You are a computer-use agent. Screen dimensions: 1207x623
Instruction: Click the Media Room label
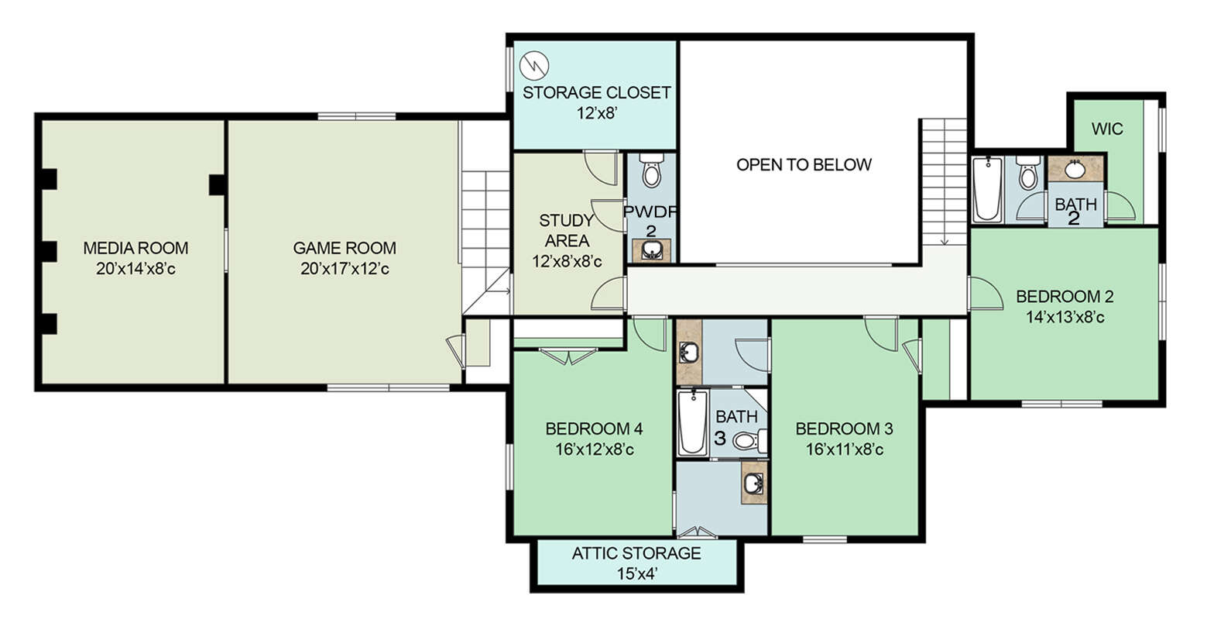pyautogui.click(x=135, y=248)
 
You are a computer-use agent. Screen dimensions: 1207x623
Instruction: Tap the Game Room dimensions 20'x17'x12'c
pyautogui.click(x=345, y=269)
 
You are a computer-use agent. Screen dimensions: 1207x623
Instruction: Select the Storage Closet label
pyautogui.click(x=596, y=93)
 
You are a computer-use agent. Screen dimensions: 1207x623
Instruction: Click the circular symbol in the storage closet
pyautogui.click(x=534, y=66)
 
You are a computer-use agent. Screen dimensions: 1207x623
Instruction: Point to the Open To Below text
pyautogui.click(x=804, y=164)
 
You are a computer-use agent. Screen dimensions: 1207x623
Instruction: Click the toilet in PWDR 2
pyautogui.click(x=651, y=170)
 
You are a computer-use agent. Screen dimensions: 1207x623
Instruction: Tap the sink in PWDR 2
pyautogui.click(x=652, y=250)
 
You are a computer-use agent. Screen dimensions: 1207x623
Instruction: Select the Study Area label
pyautogui.click(x=566, y=230)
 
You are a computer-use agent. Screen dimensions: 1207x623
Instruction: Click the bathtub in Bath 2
pyautogui.click(x=988, y=189)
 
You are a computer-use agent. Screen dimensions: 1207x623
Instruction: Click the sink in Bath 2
pyautogui.click(x=1075, y=169)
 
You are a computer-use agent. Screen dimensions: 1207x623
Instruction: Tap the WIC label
pyautogui.click(x=1107, y=129)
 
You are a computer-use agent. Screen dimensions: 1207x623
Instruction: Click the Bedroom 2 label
pyautogui.click(x=1065, y=297)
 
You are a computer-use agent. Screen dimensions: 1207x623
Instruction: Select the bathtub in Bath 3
pyautogui.click(x=692, y=423)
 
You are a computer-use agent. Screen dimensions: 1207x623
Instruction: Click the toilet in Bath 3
pyautogui.click(x=750, y=441)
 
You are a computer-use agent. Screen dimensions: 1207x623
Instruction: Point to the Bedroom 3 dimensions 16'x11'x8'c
pyautogui.click(x=845, y=449)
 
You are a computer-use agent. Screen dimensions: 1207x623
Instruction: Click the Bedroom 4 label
pyautogui.click(x=594, y=429)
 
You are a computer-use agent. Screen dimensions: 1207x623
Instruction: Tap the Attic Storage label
pyautogui.click(x=636, y=553)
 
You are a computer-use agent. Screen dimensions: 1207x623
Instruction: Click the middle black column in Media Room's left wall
pyautogui.click(x=49, y=251)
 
